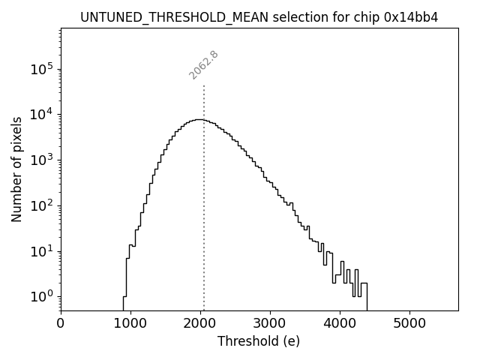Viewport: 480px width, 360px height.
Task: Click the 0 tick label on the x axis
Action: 61,323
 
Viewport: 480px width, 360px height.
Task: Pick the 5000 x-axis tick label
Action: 409,323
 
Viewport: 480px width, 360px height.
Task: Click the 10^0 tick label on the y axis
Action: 41,296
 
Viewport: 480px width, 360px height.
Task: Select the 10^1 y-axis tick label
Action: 41,251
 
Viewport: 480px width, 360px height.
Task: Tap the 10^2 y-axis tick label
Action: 41,205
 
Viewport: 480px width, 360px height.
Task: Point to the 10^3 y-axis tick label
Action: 41,160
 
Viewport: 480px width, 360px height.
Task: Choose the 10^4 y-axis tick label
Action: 41,115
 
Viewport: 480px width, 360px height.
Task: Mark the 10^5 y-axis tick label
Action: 41,69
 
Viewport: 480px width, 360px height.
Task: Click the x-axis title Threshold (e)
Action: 259,341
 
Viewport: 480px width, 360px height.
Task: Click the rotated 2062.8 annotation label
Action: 203,64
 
